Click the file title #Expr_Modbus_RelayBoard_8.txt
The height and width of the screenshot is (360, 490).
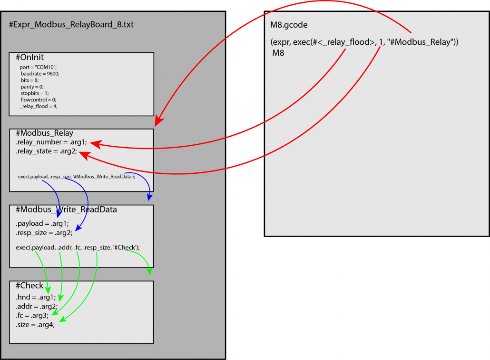(x=71, y=25)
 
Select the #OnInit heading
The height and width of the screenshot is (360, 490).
(x=29, y=57)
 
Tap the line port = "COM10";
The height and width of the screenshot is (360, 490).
(x=38, y=67)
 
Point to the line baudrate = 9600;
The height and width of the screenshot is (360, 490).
(x=40, y=74)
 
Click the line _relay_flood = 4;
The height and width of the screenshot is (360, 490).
(x=39, y=106)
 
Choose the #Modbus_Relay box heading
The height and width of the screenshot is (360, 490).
(x=44, y=133)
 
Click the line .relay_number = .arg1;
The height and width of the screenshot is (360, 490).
(x=51, y=142)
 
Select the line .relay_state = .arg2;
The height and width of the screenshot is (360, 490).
(x=46, y=151)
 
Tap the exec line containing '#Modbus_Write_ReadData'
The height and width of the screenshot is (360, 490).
(x=77, y=177)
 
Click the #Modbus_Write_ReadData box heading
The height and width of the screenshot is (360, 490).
(x=66, y=210)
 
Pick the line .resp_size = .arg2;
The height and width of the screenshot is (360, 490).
(x=44, y=233)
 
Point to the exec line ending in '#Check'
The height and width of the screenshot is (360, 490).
(x=78, y=248)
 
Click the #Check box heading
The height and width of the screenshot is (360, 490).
(x=29, y=286)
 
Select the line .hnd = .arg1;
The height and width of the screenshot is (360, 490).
(x=36, y=298)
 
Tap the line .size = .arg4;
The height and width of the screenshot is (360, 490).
(x=35, y=325)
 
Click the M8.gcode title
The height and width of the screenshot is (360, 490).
(x=289, y=25)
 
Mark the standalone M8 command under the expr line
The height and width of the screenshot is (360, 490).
(x=278, y=53)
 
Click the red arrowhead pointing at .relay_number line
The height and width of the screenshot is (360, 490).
(x=96, y=144)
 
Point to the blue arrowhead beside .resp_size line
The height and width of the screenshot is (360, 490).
(x=78, y=228)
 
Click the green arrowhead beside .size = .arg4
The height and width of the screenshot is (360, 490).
(x=62, y=319)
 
